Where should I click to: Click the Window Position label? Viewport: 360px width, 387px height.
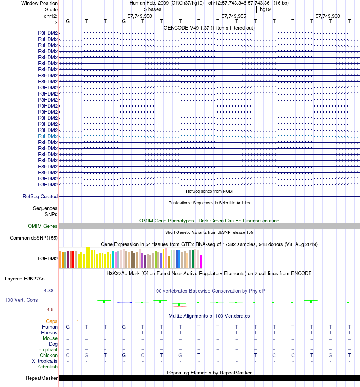click(39, 3)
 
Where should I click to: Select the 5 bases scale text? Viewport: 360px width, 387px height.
click(152, 9)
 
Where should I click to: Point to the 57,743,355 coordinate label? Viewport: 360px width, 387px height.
click(234, 16)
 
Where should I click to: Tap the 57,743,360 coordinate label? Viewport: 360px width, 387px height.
click(328, 16)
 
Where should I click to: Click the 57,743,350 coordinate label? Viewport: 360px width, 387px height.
click(140, 16)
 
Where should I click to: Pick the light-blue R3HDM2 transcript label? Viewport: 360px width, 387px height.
click(48, 136)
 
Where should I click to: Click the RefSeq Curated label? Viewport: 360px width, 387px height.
click(40, 197)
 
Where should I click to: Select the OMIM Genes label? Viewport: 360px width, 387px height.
click(43, 226)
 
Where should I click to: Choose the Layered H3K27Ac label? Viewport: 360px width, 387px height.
click(25, 279)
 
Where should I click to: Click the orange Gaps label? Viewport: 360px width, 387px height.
click(52, 321)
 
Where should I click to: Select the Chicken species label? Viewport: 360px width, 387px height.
click(49, 356)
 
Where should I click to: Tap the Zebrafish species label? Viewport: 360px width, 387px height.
click(47, 367)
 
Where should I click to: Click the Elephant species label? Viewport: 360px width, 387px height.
click(48, 350)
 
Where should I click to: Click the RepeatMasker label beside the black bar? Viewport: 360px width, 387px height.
click(42, 378)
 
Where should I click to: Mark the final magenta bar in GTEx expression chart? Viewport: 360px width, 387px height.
click(201, 262)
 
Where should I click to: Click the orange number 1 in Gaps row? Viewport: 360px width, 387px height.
click(78, 321)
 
